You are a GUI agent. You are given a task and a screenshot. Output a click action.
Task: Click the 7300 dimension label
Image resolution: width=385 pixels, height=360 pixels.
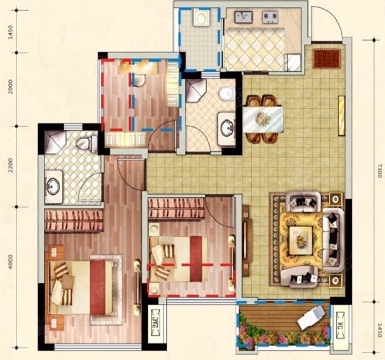[x=379, y=171]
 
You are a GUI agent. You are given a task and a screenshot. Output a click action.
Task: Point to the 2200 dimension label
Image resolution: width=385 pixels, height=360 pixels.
[x=11, y=165]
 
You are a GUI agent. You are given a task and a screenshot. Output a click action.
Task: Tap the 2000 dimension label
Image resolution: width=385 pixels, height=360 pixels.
[x=11, y=87]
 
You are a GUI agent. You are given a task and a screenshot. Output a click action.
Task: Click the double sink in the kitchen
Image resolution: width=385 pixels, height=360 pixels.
[x=243, y=17]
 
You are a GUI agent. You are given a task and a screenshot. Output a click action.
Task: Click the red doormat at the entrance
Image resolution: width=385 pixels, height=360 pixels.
[x=327, y=58]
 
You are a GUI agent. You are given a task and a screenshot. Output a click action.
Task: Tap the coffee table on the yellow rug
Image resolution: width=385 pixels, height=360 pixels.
[x=300, y=241]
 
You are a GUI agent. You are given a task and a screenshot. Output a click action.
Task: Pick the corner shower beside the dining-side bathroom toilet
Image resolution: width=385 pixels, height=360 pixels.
[x=195, y=90]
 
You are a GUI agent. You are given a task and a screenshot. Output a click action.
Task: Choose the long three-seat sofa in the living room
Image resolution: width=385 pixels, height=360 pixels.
[x=333, y=240]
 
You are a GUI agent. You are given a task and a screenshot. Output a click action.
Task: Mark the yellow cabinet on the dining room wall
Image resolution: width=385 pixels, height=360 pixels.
[x=341, y=116]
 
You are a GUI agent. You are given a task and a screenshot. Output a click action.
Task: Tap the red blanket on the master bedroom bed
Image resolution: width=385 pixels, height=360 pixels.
[x=99, y=287]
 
